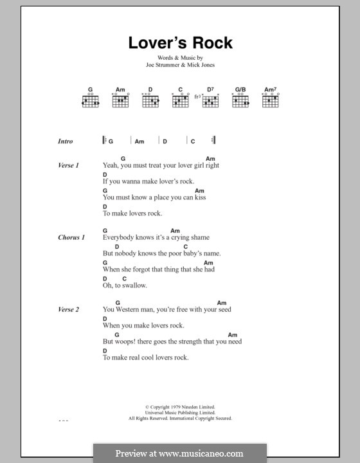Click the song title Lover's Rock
[x=180, y=43]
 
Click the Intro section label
[x=66, y=141]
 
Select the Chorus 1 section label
[x=71, y=237]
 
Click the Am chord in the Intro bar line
[x=139, y=141]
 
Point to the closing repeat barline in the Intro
[x=213, y=141]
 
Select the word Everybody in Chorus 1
[x=118, y=237]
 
